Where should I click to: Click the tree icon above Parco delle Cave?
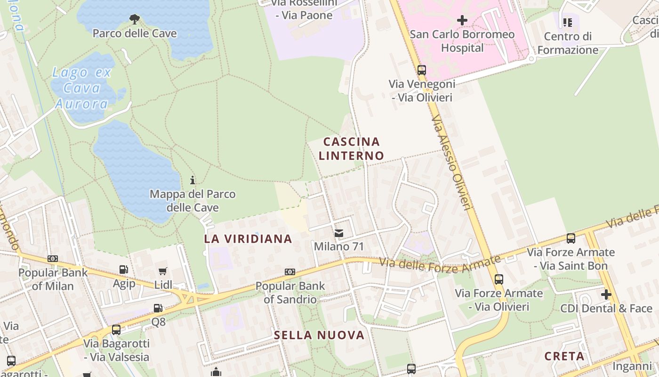135,19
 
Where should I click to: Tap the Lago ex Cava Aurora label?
82,88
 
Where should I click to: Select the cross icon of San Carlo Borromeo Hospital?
462,20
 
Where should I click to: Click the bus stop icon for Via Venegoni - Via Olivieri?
422,70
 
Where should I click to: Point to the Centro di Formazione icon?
568,22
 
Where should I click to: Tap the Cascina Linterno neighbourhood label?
351,148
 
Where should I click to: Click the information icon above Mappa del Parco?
193,180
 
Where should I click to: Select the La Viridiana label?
248,239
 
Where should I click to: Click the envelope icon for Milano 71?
338,233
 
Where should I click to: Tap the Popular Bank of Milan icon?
53,259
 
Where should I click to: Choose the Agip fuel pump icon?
124,270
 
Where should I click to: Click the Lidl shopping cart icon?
163,271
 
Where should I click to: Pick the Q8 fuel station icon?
158,308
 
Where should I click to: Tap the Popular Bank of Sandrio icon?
290,272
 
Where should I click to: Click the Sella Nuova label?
319,335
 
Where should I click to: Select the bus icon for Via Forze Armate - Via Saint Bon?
571,238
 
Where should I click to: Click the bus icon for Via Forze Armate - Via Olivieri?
499,279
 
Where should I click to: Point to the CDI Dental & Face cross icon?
606,295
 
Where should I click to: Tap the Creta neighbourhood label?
564,356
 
